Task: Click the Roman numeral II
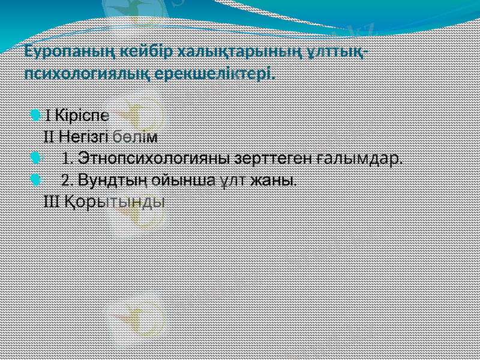49,136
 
